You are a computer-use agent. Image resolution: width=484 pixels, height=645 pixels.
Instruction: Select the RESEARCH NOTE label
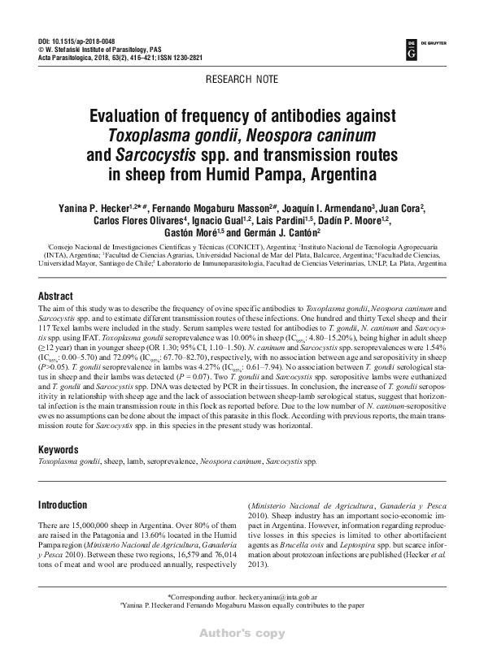[242, 81]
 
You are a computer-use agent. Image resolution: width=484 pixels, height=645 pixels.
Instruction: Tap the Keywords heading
[64, 448]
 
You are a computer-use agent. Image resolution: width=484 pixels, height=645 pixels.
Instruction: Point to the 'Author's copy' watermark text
[242, 631]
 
